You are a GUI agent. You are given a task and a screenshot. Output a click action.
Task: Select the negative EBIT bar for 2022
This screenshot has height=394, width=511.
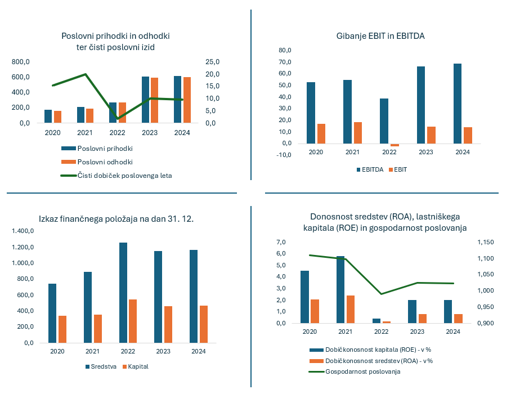coord(395,145)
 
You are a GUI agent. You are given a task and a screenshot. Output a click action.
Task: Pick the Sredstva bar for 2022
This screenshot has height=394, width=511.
coord(123,292)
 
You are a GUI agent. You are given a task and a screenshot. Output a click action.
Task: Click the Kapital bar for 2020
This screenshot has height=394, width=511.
coord(62,329)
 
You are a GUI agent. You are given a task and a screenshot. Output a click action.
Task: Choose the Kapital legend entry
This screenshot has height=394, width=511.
coord(137,366)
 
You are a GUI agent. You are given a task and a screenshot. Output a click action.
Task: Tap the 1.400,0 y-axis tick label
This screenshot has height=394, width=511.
coord(23,231)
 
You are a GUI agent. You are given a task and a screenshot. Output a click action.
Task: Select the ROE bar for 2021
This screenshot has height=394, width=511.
coord(340,289)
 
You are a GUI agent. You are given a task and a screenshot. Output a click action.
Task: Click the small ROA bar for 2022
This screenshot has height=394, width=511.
coord(387,322)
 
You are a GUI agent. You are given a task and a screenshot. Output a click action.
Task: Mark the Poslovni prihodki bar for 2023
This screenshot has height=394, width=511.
coord(145,100)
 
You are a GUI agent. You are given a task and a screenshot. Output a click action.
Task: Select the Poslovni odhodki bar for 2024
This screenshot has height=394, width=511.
coord(187,100)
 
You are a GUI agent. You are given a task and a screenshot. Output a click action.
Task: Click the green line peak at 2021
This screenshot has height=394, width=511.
coord(85,74)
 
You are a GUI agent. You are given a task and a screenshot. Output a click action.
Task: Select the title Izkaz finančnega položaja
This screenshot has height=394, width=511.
coord(116,219)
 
